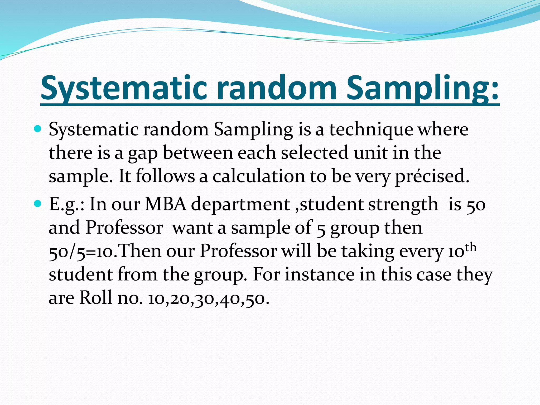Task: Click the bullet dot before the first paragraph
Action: [x=38, y=129]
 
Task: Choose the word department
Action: [x=240, y=205]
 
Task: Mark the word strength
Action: [x=403, y=205]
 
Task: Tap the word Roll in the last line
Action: [x=95, y=298]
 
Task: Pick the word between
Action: [x=198, y=153]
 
